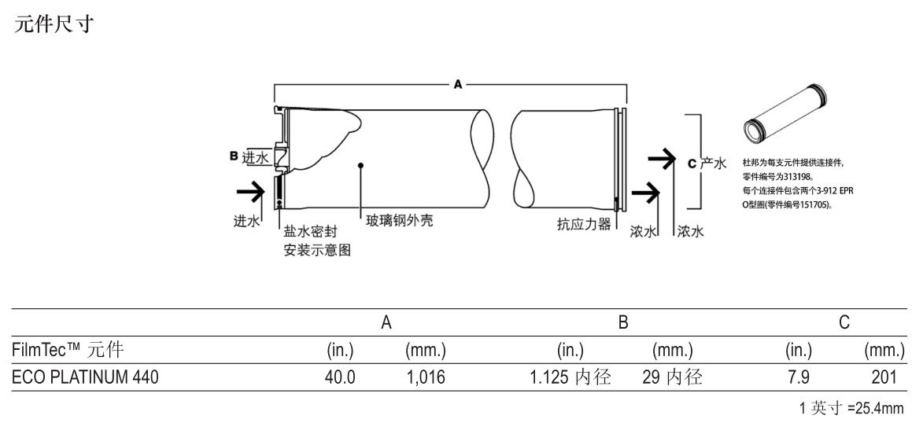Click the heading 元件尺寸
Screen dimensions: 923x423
pyautogui.click(x=54, y=24)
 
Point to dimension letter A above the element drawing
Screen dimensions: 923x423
pyautogui.click(x=458, y=85)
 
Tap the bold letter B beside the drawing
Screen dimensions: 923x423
pyautogui.click(x=234, y=156)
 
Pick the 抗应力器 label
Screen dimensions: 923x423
pyautogui.click(x=584, y=224)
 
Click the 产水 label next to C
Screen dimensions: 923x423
pyautogui.click(x=713, y=164)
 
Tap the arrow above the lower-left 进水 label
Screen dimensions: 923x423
pyautogui.click(x=250, y=191)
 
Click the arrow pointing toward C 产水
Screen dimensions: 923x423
pyautogui.click(x=661, y=160)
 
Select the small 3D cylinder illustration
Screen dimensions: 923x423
pyautogui.click(x=785, y=112)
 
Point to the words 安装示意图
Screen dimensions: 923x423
pyautogui.click(x=317, y=250)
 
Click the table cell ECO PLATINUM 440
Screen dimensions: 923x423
pyautogui.click(x=85, y=377)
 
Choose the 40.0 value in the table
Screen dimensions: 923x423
pyautogui.click(x=340, y=377)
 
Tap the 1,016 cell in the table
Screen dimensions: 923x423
pyautogui.click(x=426, y=377)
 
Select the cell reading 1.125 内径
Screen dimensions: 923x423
pyautogui.click(x=570, y=377)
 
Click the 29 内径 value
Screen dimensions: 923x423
pyautogui.click(x=673, y=377)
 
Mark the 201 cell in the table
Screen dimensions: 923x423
pyautogui.click(x=884, y=377)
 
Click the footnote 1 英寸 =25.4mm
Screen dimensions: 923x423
pyautogui.click(x=851, y=408)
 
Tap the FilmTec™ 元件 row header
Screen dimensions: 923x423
pyautogui.click(x=68, y=351)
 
